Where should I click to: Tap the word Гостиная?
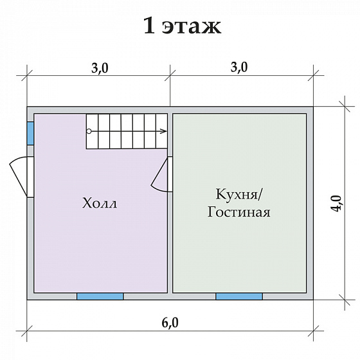[x=239, y=212]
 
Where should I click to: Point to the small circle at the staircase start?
[x=89, y=130]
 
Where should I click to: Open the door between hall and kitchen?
[x=160, y=174]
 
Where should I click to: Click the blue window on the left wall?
[x=30, y=132]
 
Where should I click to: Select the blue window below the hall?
[x=100, y=296]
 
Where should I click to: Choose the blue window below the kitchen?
[x=239, y=296]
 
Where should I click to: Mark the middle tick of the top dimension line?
[x=170, y=76]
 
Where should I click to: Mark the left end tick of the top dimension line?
[x=27, y=76]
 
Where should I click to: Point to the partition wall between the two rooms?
[x=170, y=244]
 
